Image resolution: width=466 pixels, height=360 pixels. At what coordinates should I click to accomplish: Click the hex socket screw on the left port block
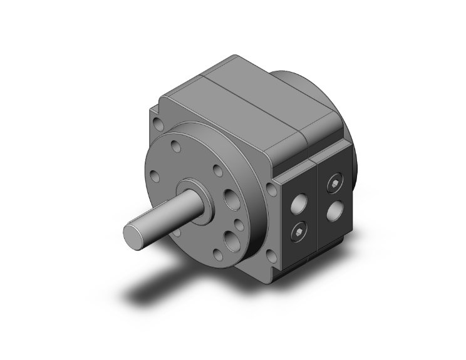click(299, 233)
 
